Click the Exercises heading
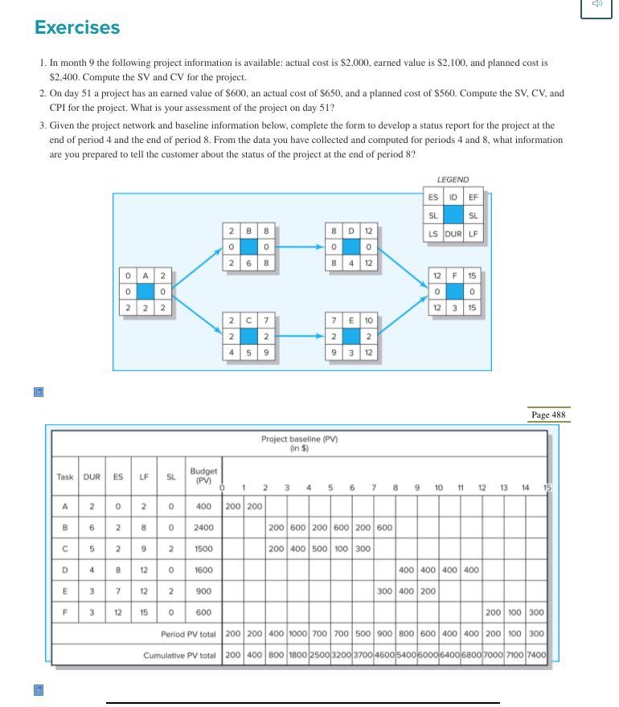point(77,28)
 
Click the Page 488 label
point(548,415)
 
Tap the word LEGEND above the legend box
point(453,180)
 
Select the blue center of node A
point(145,290)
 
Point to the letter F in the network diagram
point(457,276)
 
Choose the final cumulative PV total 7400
point(537,655)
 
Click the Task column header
point(65,476)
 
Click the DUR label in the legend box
point(453,235)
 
